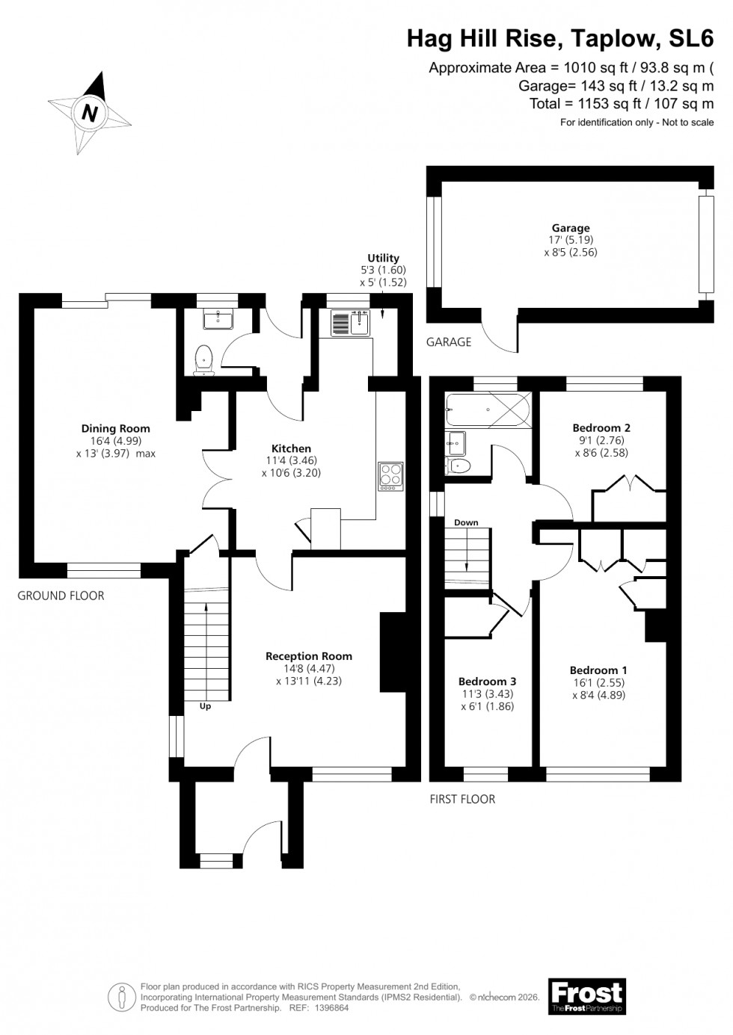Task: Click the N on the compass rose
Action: [x=90, y=114]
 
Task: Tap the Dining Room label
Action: [x=115, y=428]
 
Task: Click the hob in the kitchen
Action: [x=390, y=476]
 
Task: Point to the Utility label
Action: [x=383, y=258]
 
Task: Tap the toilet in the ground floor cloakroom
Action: [x=203, y=361]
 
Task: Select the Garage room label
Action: [x=571, y=228]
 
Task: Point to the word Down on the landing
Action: [x=466, y=522]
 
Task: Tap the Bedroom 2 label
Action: [x=601, y=427]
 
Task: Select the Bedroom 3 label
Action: [x=487, y=681]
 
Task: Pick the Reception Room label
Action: [x=309, y=656]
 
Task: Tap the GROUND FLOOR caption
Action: [x=61, y=596]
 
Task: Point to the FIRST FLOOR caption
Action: [x=462, y=799]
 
